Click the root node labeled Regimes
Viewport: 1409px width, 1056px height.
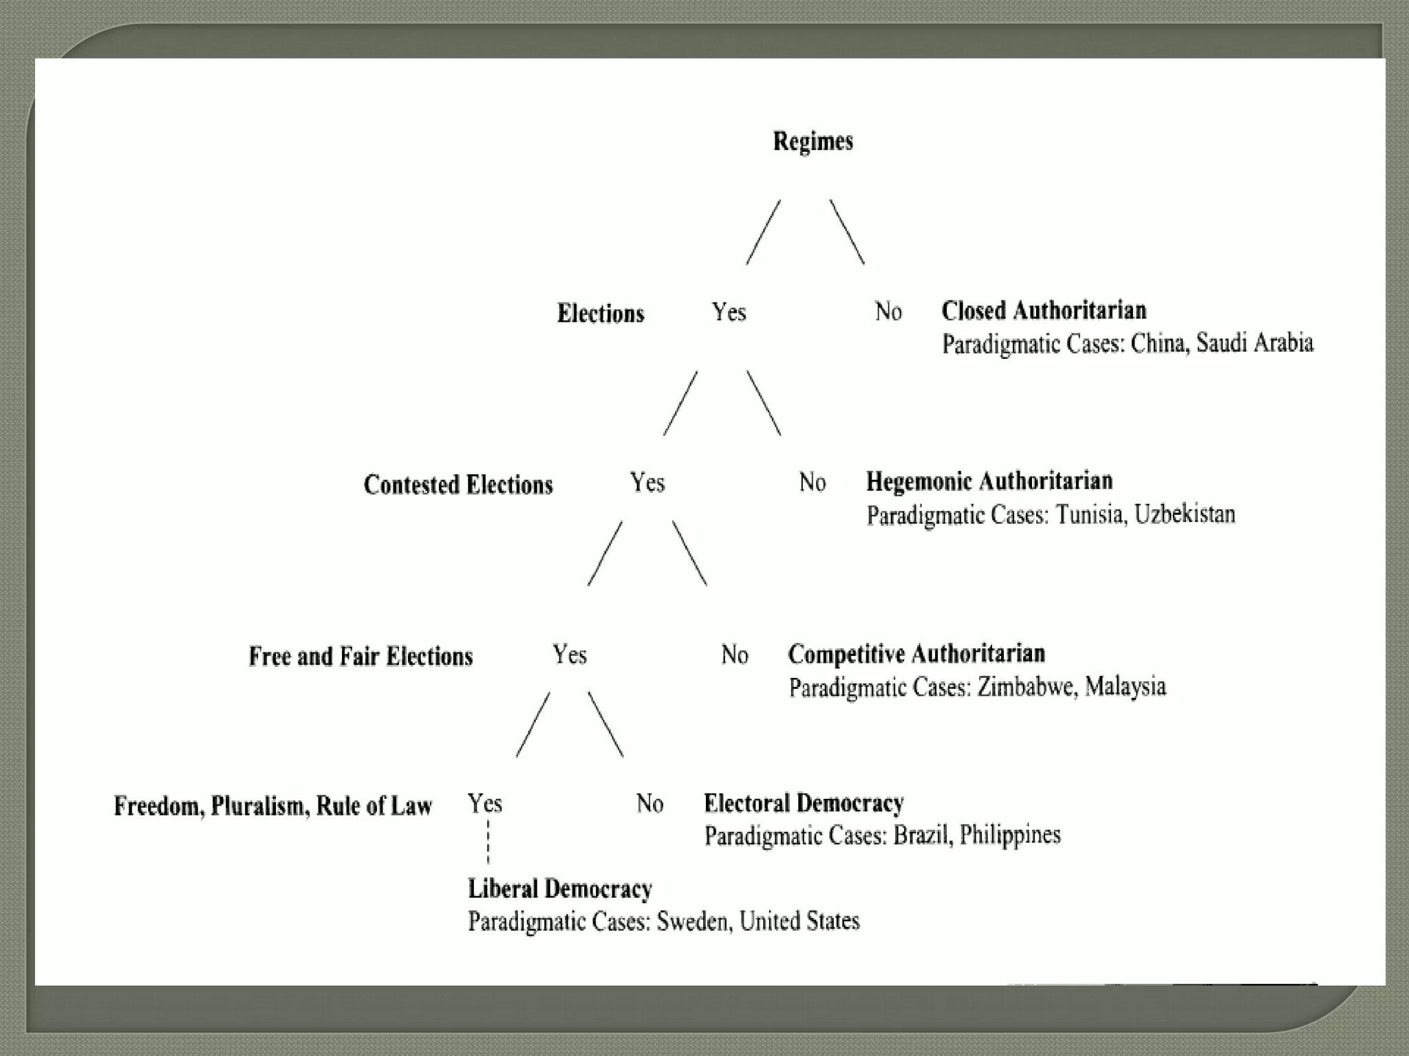click(x=813, y=141)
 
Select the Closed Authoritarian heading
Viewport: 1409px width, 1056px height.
click(x=1044, y=311)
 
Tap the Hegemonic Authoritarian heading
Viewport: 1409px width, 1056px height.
click(x=989, y=481)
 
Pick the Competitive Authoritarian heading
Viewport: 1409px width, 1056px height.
click(x=916, y=653)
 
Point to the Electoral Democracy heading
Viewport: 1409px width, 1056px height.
click(x=804, y=803)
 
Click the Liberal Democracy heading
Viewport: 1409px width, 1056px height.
click(x=560, y=889)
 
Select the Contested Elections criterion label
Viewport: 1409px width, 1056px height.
click(x=458, y=485)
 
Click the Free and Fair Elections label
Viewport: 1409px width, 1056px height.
click(x=361, y=657)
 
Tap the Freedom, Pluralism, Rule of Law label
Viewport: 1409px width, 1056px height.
click(x=273, y=806)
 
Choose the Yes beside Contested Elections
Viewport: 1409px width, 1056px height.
click(x=647, y=483)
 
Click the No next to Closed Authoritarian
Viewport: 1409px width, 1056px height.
click(x=888, y=311)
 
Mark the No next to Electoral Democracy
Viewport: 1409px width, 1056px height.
click(x=649, y=803)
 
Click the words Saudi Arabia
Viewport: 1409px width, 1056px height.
click(x=1254, y=342)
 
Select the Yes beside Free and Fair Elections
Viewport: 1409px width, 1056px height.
click(x=570, y=654)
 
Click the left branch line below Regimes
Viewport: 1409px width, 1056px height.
click(x=763, y=232)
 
